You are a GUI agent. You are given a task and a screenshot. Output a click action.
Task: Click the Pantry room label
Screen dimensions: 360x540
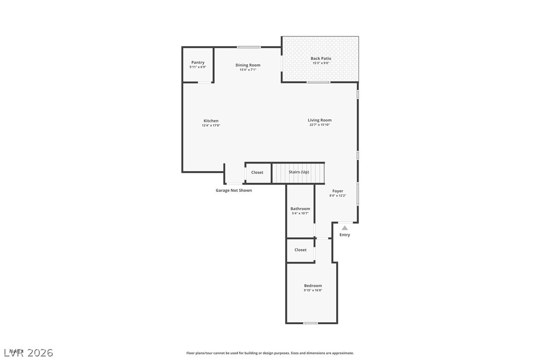[198, 63]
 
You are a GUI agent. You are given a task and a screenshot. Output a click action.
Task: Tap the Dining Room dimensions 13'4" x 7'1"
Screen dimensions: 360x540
[248, 70]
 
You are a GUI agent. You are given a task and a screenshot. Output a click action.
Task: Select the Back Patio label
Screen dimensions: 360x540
[321, 59]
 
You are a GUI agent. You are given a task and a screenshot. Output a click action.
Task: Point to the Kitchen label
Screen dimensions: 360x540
[211, 121]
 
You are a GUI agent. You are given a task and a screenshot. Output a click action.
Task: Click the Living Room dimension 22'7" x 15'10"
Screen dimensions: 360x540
[319, 125]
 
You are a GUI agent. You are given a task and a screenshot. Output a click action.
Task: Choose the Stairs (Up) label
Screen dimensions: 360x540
[299, 172]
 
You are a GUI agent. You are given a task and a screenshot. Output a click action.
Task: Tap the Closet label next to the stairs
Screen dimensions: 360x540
[257, 173]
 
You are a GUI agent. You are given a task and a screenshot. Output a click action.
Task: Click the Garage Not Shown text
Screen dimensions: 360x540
[234, 190]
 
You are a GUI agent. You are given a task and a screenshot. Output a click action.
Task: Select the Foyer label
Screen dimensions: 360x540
[338, 191]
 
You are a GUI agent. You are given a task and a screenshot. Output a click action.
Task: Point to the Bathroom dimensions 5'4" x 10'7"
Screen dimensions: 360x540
[300, 213]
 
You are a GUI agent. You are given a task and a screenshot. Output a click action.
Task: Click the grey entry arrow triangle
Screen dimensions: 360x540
[345, 228]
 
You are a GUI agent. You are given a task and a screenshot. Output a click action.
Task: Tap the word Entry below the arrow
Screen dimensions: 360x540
[345, 235]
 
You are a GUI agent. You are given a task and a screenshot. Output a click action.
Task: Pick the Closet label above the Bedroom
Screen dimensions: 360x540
[300, 250]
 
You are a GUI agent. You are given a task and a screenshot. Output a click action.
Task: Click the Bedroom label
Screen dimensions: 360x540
[313, 285]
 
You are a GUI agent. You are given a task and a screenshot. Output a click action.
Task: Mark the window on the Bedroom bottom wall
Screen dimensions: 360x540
[311, 323]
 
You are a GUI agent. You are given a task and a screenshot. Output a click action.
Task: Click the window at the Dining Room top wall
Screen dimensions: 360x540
[249, 47]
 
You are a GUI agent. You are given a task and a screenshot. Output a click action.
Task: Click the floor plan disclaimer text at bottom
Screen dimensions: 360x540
[270, 353]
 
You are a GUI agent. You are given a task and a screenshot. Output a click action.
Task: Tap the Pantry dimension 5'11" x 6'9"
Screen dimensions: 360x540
[198, 67]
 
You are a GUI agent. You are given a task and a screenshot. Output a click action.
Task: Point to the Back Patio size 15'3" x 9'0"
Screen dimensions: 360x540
[321, 63]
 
